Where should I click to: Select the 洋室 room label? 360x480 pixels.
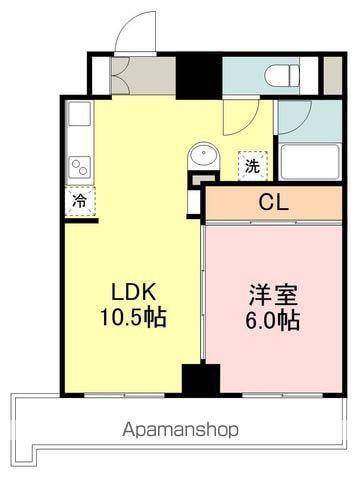(x=273, y=297)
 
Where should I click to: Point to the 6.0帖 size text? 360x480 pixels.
(x=273, y=321)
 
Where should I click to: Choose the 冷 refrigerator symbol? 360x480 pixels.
(x=78, y=199)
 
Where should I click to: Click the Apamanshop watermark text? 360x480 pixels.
(x=180, y=431)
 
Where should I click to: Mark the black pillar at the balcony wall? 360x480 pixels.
(x=201, y=380)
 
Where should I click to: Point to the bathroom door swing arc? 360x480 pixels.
(x=293, y=117)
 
